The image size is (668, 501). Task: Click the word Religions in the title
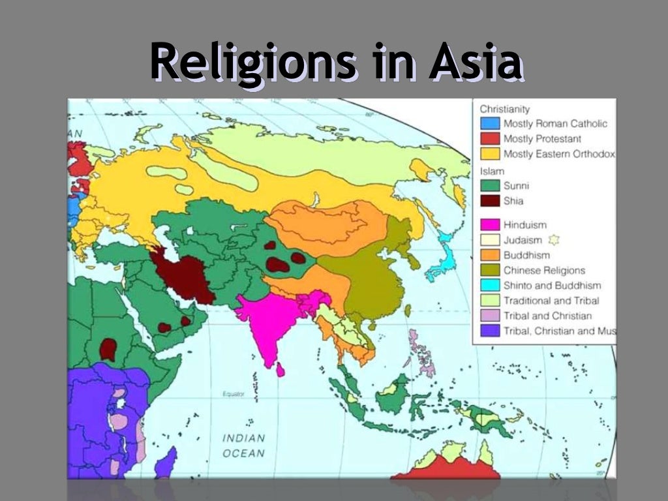tap(252, 63)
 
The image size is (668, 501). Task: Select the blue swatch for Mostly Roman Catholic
tap(489, 123)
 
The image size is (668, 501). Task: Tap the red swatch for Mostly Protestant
tap(489, 139)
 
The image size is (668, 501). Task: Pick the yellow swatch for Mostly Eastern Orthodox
tap(489, 155)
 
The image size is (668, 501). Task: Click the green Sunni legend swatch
tap(489, 186)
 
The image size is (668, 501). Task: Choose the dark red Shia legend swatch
tap(489, 202)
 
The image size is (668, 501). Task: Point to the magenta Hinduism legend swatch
tap(489, 225)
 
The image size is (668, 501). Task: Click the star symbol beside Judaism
tap(554, 240)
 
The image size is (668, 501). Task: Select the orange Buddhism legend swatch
tap(489, 255)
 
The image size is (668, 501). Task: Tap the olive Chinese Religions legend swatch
tap(489, 271)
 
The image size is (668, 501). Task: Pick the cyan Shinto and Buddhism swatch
tap(489, 286)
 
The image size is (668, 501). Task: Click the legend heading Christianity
tap(504, 109)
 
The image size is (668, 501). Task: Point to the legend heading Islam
tap(492, 171)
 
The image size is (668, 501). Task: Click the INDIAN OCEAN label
tap(243, 446)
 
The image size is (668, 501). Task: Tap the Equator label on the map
tap(232, 394)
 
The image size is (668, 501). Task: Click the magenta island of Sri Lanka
tap(281, 370)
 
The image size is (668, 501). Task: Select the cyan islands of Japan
tap(441, 258)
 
